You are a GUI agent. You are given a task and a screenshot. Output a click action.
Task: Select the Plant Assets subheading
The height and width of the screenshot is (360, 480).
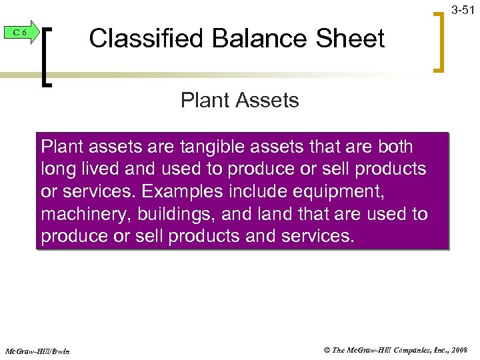point(239,101)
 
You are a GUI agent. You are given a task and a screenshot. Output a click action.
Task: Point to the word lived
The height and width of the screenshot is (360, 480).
point(100,169)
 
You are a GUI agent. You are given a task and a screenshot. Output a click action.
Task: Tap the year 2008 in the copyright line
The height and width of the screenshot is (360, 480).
point(461,350)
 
